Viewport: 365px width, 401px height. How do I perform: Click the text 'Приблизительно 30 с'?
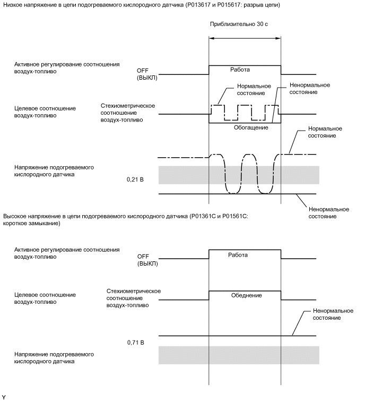pyautogui.click(x=245, y=25)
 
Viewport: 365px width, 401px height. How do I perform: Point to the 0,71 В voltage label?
pyautogui.click(x=136, y=343)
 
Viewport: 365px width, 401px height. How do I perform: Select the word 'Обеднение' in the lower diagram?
pyautogui.click(x=247, y=295)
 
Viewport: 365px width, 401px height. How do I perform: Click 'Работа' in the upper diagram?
pyautogui.click(x=239, y=70)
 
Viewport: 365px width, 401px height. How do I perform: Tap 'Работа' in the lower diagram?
pyautogui.click(x=238, y=255)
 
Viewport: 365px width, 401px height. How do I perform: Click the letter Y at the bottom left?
pyautogui.click(x=4, y=397)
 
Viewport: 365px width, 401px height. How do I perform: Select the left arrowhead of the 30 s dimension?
pyautogui.click(x=211, y=38)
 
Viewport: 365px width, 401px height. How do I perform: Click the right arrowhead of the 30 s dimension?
pyautogui.click(x=279, y=38)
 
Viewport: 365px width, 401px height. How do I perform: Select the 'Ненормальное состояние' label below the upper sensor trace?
pyautogui.click(x=323, y=213)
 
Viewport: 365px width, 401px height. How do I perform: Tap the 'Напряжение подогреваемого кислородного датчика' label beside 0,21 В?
pyautogui.click(x=55, y=170)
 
